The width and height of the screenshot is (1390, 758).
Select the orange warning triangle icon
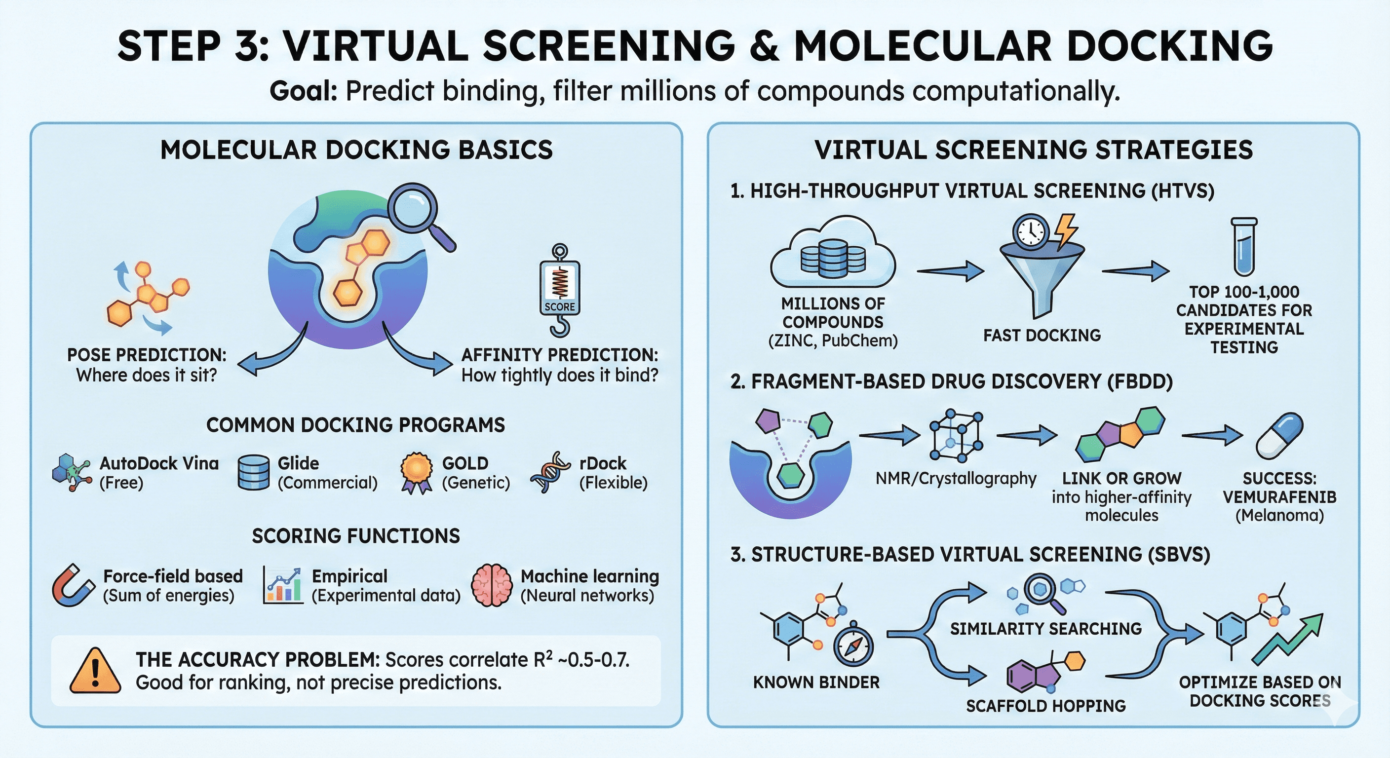click(x=95, y=671)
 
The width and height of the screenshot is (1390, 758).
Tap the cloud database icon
click(x=833, y=254)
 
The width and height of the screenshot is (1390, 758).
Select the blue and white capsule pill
click(x=1279, y=436)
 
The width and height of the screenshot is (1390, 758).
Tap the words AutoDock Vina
click(x=159, y=463)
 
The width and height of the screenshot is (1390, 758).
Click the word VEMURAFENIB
click(x=1279, y=497)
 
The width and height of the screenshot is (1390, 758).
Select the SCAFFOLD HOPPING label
click(x=1046, y=706)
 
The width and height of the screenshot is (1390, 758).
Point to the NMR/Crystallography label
click(x=956, y=479)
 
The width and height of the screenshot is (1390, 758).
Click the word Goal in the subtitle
click(x=303, y=91)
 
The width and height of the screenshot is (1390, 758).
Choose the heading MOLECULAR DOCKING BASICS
click(x=356, y=150)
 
